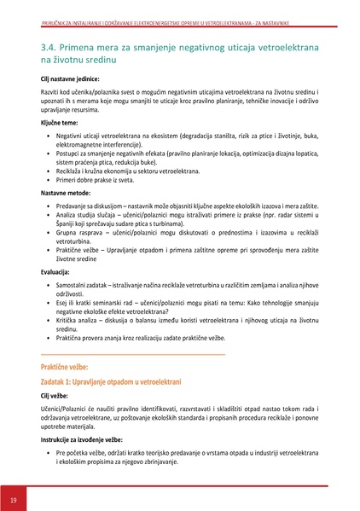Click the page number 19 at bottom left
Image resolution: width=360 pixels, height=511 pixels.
[13, 498]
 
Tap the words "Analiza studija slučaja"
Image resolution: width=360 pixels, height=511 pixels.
[91, 218]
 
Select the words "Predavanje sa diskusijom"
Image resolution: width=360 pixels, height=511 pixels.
[94, 206]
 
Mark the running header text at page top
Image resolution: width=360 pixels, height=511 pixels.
[179, 8]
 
